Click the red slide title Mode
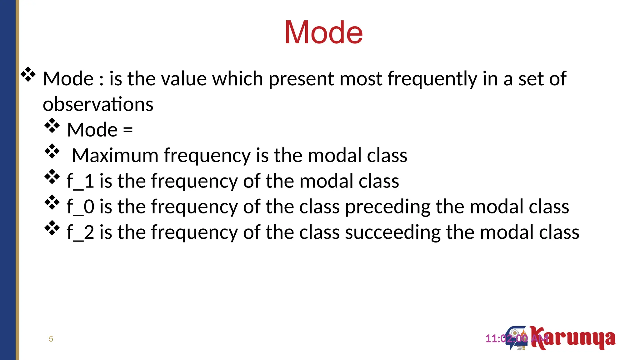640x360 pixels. click(x=323, y=32)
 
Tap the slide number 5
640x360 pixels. click(x=51, y=339)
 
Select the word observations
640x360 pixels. click(x=98, y=104)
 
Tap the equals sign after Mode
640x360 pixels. click(x=128, y=130)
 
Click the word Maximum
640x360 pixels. click(x=115, y=155)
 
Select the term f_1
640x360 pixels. click(x=80, y=181)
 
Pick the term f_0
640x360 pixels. click(x=80, y=207)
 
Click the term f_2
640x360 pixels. click(x=80, y=232)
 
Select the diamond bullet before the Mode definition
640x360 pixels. click(x=28, y=75)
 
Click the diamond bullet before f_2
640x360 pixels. click(x=52, y=228)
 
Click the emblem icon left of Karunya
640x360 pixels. click(x=517, y=338)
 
